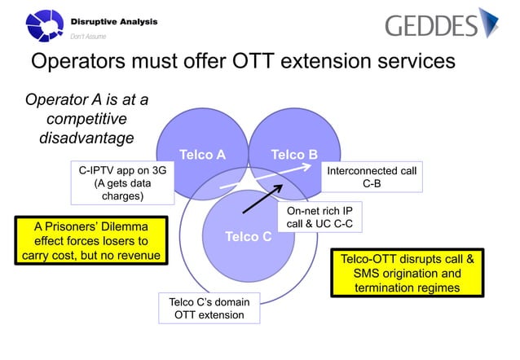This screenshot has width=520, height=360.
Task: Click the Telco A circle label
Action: point(202,154)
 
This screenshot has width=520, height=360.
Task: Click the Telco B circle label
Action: point(293,154)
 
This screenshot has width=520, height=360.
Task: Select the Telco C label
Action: point(248,237)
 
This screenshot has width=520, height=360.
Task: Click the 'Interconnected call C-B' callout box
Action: point(371,177)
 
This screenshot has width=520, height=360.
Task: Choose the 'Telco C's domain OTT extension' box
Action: point(209,309)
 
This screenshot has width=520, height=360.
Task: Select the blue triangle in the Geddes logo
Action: point(489,23)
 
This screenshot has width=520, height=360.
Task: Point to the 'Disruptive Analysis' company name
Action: point(114,20)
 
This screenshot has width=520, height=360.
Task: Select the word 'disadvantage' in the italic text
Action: point(86,138)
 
